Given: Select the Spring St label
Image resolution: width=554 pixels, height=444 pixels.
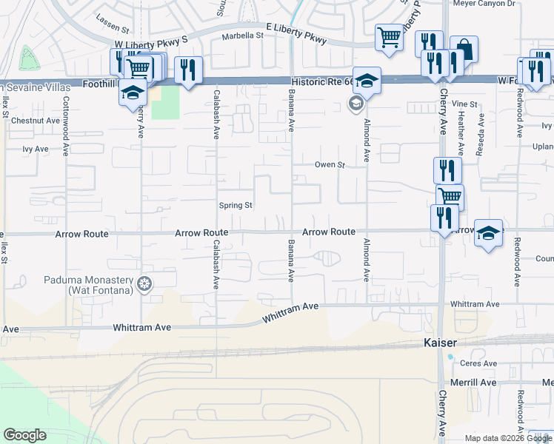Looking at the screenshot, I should coord(236,205).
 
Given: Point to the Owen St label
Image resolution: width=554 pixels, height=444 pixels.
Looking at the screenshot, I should coord(330,165).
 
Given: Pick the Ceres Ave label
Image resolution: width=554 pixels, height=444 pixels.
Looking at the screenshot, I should coord(479,363).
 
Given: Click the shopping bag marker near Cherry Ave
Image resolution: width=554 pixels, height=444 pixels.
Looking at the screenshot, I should coord(464,50).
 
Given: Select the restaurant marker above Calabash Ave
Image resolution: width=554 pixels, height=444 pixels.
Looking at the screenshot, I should coord(189,70).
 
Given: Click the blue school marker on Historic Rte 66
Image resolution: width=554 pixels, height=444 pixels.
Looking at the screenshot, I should coord(367,80).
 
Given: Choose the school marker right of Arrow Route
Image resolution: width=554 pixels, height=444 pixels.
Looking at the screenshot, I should coord(488,233).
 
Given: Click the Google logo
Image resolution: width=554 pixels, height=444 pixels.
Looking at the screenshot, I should coord(25,435).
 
